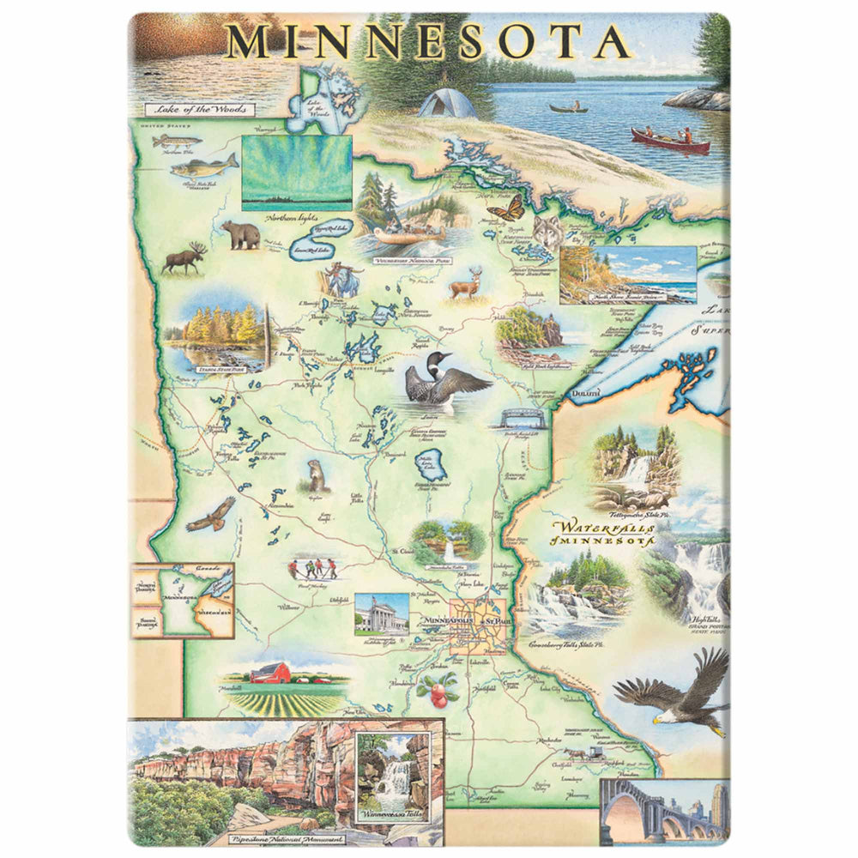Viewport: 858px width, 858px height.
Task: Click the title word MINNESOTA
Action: click(x=428, y=41)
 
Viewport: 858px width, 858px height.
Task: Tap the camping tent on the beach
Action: click(x=447, y=103)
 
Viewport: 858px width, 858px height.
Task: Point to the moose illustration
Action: click(x=184, y=258)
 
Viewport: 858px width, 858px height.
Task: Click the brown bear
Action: click(x=241, y=234)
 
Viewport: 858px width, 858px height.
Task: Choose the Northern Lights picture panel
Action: click(x=297, y=172)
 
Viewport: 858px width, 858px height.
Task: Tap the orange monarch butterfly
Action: click(x=505, y=207)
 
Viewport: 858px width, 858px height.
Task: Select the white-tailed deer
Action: click(x=465, y=282)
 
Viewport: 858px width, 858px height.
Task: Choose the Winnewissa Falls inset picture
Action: click(x=391, y=776)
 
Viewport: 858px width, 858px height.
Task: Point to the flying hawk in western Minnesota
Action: click(x=210, y=514)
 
